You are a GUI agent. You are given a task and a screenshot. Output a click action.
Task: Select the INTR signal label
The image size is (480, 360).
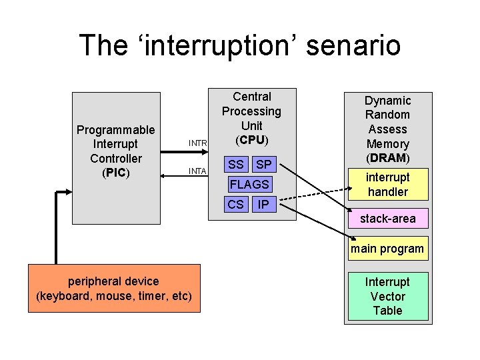(x=198, y=143)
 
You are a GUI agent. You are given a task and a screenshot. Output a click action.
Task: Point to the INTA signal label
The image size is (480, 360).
(x=197, y=171)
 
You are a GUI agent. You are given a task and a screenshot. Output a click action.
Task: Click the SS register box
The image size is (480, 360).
(x=236, y=164)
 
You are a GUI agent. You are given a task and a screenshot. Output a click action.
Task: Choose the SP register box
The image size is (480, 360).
(x=264, y=164)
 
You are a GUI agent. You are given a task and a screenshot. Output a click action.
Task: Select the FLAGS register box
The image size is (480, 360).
(x=249, y=184)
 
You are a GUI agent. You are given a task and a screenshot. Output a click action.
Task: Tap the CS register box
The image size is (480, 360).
(x=236, y=204)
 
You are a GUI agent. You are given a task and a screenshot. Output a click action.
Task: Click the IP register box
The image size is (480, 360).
(x=264, y=204)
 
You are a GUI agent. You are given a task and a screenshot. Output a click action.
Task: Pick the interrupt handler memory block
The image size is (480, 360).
(x=387, y=185)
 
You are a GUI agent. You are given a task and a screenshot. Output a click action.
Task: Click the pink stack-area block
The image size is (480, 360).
(x=387, y=219)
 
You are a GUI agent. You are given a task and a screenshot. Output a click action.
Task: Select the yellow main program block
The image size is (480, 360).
(x=387, y=249)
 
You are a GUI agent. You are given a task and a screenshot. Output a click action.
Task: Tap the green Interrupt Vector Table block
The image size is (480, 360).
(x=387, y=296)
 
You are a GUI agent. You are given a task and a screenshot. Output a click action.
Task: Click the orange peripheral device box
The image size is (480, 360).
(x=114, y=288)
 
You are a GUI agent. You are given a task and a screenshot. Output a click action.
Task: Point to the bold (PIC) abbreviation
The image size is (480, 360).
(x=116, y=173)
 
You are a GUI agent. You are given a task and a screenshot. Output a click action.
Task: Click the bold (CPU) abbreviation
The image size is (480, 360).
(x=251, y=140)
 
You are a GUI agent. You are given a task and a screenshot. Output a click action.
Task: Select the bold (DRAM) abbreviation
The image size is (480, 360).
(x=387, y=158)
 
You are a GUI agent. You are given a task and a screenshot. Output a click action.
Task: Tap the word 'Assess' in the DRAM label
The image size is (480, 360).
(x=387, y=129)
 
